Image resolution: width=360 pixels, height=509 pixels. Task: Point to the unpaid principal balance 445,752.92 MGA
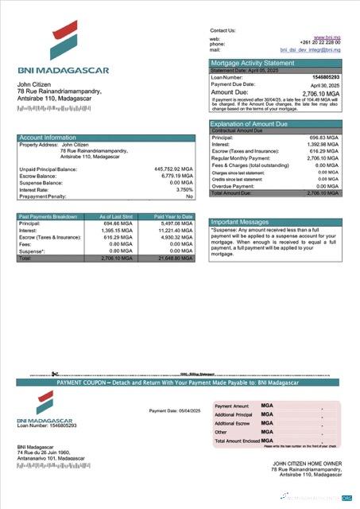[173, 169]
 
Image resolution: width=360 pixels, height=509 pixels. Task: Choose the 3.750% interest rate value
[184, 189]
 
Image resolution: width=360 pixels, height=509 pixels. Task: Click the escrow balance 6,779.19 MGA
[176, 176]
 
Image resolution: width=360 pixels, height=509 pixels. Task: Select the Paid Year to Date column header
[174, 216]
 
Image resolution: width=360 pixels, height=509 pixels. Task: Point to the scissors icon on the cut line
[55, 373]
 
